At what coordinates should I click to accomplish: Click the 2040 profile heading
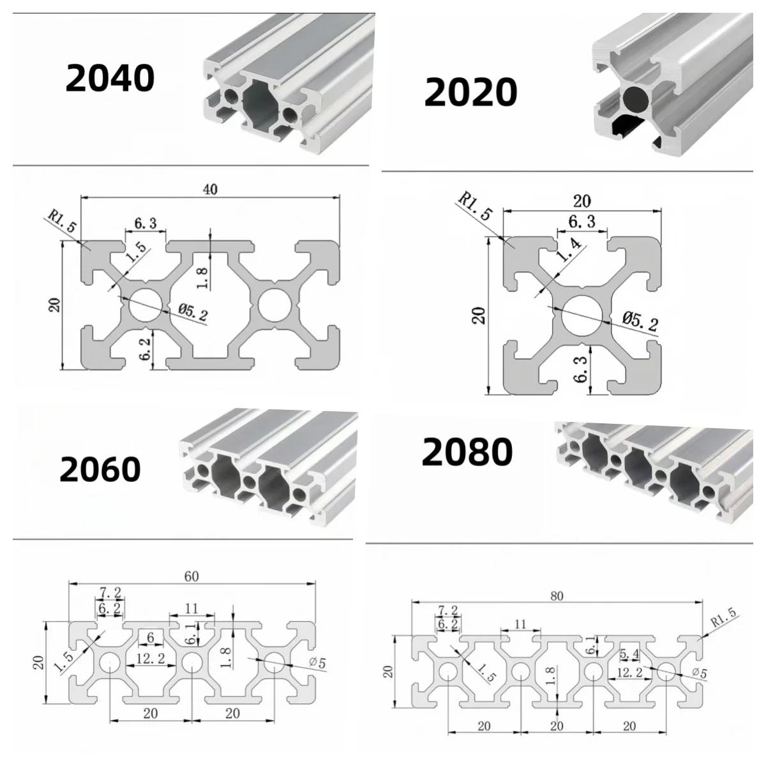coord(110,78)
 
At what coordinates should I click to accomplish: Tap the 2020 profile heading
coord(470,93)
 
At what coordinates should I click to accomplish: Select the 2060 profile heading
coord(100,470)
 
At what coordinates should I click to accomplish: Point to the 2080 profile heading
coord(467,452)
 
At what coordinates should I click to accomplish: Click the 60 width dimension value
coord(191,576)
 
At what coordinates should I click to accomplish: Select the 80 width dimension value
coord(557,595)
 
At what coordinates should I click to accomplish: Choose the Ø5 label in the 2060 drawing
coord(317,663)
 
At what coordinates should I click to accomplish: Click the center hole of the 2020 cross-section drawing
coord(582,312)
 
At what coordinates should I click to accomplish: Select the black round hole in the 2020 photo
coord(636,99)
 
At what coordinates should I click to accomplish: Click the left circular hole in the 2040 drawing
coord(146,303)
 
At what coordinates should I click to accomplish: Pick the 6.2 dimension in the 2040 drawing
coord(146,350)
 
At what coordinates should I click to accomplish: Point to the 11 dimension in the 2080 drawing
coord(520,624)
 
